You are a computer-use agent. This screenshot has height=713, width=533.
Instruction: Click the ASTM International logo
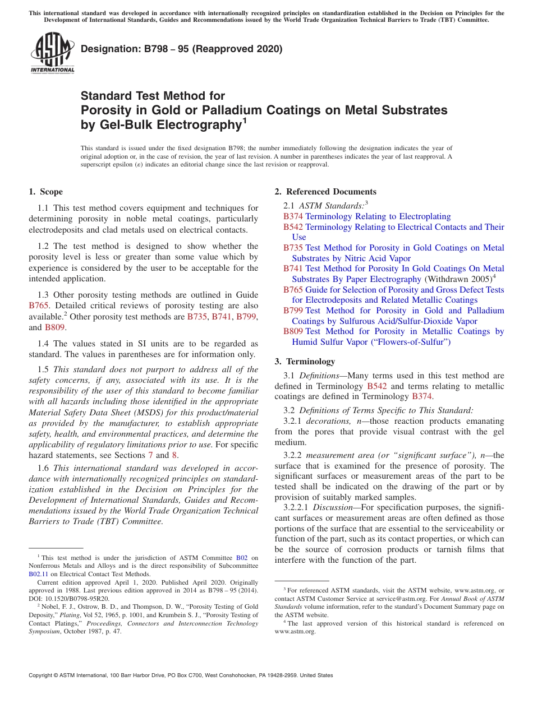coord(52,53)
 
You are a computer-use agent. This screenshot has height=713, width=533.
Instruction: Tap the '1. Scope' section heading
coord(46,192)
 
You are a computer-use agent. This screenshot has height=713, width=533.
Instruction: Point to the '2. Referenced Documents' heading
coord(325,192)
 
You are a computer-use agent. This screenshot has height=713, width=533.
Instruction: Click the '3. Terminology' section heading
coord(305,362)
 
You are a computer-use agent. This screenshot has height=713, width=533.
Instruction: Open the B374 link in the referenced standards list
coord(293,216)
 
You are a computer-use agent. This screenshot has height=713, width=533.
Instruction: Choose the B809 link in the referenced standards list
coord(293,331)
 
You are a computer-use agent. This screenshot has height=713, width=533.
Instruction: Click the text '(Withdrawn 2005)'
coord(458,279)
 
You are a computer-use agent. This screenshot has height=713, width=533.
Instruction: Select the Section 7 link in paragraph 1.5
coord(150,455)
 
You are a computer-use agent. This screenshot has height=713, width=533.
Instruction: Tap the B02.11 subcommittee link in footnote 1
coord(38,574)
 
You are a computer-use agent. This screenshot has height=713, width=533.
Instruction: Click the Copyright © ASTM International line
coord(181,675)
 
